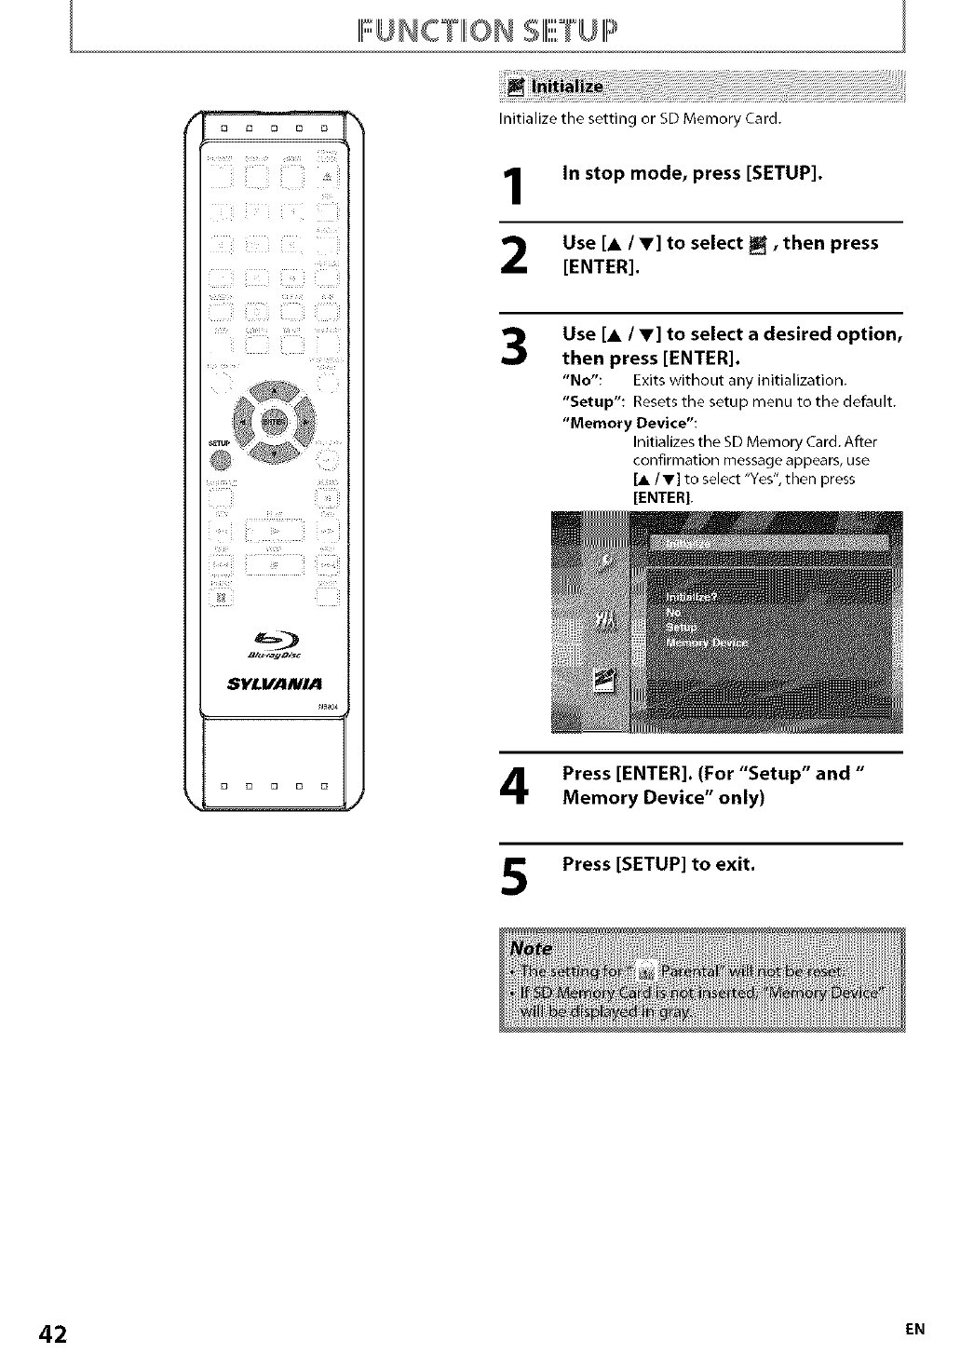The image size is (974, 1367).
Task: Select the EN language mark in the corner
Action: click(x=915, y=1331)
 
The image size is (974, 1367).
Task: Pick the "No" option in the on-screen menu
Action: click(x=675, y=613)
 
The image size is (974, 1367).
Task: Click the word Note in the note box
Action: click(x=531, y=949)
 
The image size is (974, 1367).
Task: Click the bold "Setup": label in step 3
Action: click(x=594, y=402)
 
